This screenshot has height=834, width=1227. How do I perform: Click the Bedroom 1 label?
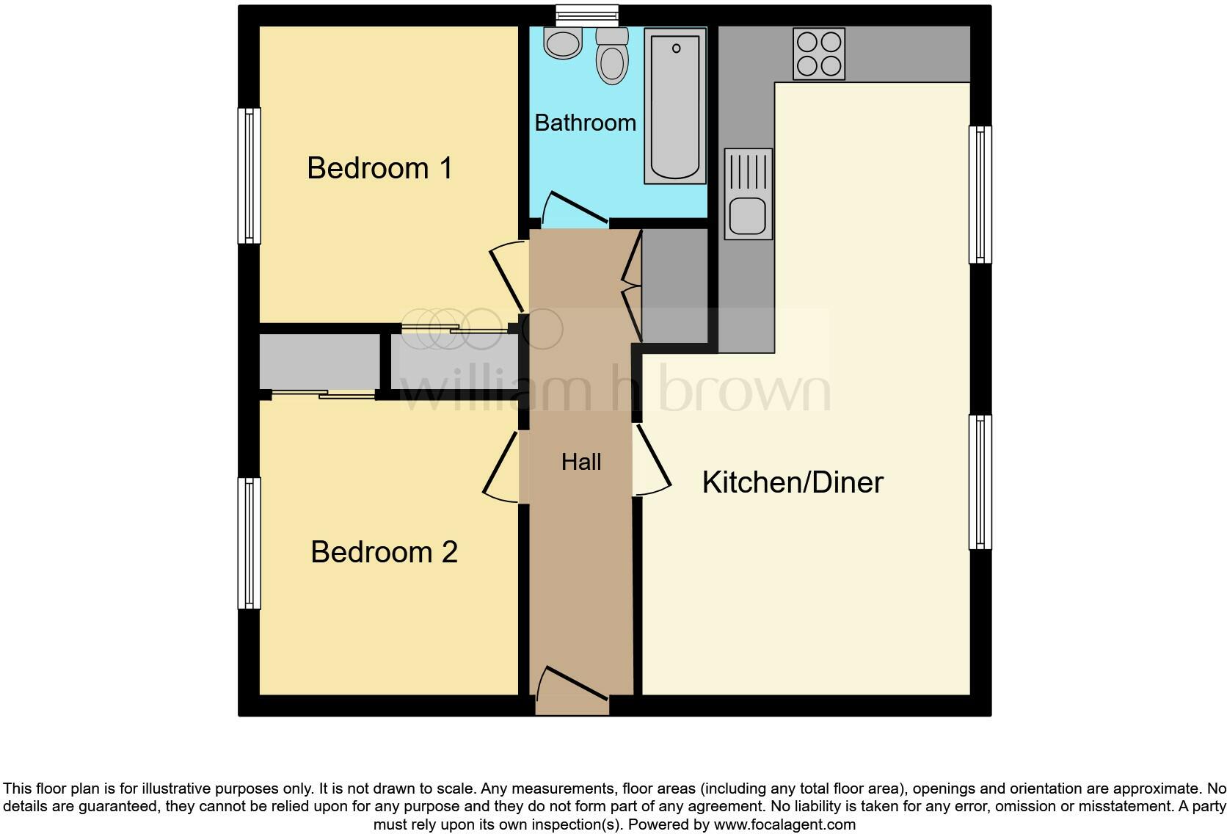379,168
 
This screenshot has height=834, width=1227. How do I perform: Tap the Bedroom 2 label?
384,552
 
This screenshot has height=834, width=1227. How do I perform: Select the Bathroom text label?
585,123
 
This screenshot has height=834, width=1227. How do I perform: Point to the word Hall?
581,462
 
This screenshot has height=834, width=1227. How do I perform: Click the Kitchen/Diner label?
793,482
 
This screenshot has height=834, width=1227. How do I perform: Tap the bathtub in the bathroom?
674,106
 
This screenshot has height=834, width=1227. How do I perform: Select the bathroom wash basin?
563,43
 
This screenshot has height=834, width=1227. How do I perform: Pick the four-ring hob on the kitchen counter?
819,54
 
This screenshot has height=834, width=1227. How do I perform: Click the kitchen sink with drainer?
748,195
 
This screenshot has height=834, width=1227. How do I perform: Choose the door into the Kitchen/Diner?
652,460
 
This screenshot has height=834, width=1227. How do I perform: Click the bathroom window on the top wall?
586,15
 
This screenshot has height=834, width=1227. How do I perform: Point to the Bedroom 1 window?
250,175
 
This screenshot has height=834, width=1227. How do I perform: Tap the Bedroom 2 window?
250,543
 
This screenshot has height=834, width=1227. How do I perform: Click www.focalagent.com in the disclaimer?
784,824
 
